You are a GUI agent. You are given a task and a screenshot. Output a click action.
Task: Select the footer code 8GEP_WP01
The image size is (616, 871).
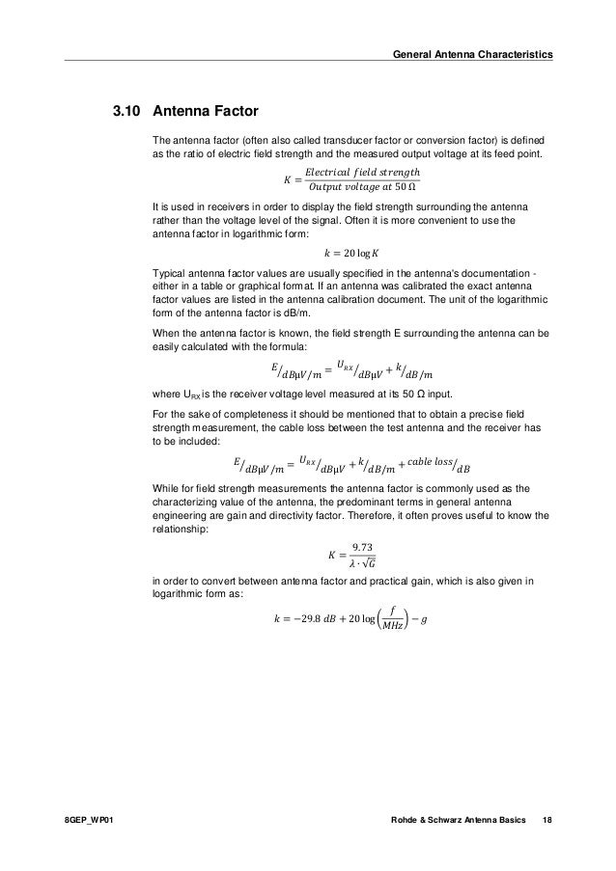87,819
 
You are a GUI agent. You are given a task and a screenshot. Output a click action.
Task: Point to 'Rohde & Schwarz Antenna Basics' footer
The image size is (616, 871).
455,819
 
